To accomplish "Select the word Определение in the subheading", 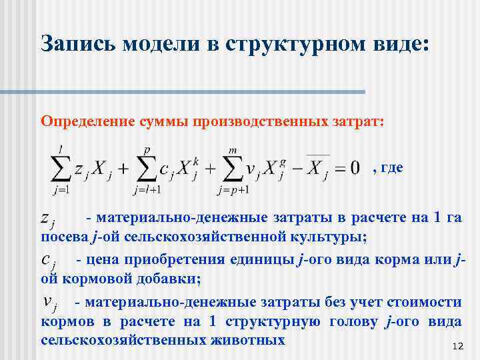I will pyautogui.click(x=88, y=121).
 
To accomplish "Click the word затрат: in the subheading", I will pyautogui.click(x=359, y=121).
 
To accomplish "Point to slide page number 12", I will pyautogui.click(x=457, y=347).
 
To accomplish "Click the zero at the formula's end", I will pyautogui.click(x=355, y=167).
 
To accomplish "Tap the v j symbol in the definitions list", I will pyautogui.click(x=49, y=303).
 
